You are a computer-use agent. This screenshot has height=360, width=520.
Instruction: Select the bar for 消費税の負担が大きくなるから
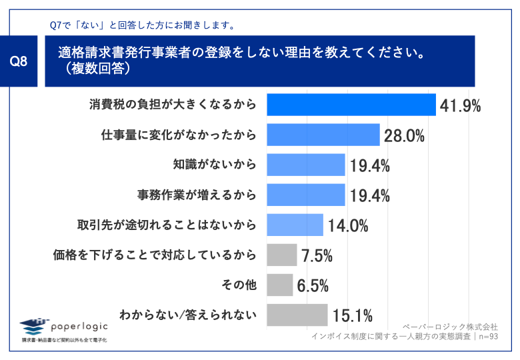point(351,105)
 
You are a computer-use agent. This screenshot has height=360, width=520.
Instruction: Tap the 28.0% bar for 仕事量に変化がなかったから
point(323,135)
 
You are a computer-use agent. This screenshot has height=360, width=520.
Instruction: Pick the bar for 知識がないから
point(305,165)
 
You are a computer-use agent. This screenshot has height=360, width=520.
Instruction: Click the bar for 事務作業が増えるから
point(305,195)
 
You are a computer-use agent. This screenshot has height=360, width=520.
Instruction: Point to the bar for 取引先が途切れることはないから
point(295,225)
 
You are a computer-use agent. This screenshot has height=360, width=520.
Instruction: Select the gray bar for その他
point(279,285)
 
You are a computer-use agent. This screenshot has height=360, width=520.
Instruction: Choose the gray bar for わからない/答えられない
point(297,315)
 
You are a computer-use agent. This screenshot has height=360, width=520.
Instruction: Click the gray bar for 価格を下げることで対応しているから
point(281,255)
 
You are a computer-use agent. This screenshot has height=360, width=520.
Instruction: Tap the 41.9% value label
point(460,105)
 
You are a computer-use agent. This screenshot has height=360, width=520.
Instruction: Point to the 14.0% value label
point(347,225)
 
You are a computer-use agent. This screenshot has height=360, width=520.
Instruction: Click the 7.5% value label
point(317,255)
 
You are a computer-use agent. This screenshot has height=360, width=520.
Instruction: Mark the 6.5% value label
point(313,285)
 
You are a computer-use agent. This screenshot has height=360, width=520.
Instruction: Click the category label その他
point(239,285)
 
